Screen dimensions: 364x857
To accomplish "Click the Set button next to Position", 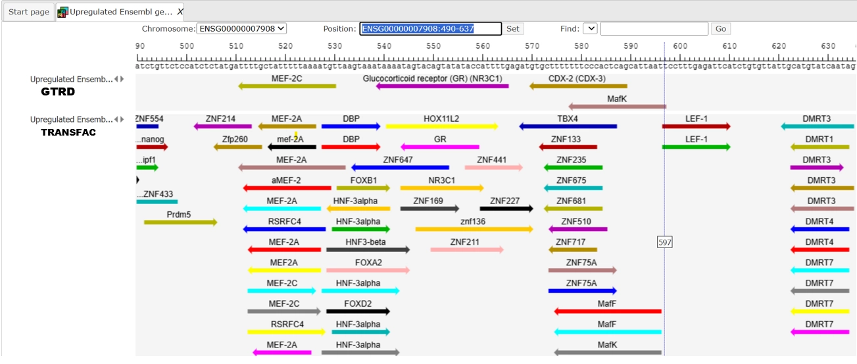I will (x=513, y=29).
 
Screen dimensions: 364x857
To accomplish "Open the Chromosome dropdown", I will (x=242, y=29).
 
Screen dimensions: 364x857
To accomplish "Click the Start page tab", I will (x=29, y=12).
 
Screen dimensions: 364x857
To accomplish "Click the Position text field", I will (x=430, y=29).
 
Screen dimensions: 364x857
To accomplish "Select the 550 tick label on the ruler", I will (x=433, y=46).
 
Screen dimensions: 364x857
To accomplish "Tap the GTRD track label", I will (x=58, y=91).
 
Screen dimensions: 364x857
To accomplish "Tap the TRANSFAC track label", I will (x=68, y=132).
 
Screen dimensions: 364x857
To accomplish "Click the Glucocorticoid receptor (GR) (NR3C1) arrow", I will (x=442, y=86).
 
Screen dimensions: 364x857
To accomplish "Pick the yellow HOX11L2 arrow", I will (x=441, y=126).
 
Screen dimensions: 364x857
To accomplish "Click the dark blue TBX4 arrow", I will (x=568, y=126).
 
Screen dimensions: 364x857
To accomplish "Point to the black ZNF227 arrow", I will (x=506, y=209).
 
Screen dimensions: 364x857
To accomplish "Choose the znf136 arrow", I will (x=474, y=229).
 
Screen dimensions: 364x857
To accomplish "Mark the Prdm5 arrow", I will (x=180, y=222).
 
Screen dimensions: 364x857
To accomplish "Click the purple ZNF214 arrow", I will (x=223, y=126).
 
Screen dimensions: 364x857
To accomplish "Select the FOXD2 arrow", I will (x=358, y=311).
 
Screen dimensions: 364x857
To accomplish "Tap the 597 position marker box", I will (x=665, y=242).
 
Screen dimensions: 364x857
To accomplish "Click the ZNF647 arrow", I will (x=400, y=167).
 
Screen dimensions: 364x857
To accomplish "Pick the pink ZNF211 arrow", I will (x=466, y=249).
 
